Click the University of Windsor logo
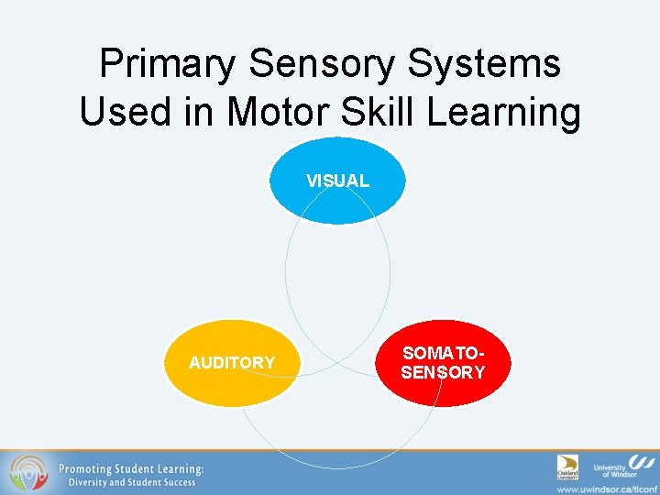coord(623,467)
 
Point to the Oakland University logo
coord(568,467)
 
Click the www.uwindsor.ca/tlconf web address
coord(608,488)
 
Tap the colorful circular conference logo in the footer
coord(28,473)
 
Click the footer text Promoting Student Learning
coord(131,468)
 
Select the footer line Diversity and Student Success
coord(126,483)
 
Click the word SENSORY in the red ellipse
coord(443,372)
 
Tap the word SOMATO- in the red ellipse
coord(443,354)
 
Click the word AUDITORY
coord(231,363)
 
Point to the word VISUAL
coord(337,181)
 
